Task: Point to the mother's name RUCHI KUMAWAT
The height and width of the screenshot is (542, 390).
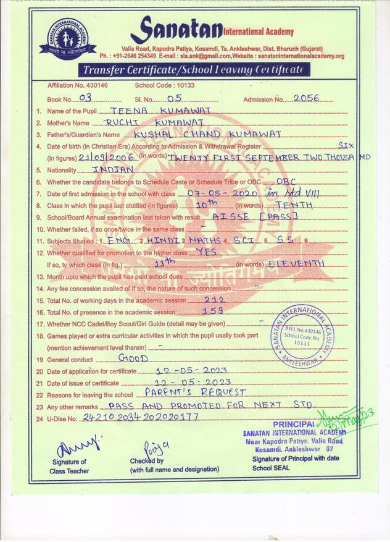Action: pyautogui.click(x=146, y=122)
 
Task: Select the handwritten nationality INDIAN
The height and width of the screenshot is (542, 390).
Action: pyautogui.click(x=112, y=169)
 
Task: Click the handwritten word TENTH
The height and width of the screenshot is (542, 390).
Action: pyautogui.click(x=294, y=205)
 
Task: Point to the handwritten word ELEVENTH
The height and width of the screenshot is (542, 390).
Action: pyautogui.click(x=298, y=263)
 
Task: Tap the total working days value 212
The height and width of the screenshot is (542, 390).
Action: pyautogui.click(x=214, y=299)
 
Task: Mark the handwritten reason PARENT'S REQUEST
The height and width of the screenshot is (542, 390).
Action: pyautogui.click(x=195, y=392)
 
